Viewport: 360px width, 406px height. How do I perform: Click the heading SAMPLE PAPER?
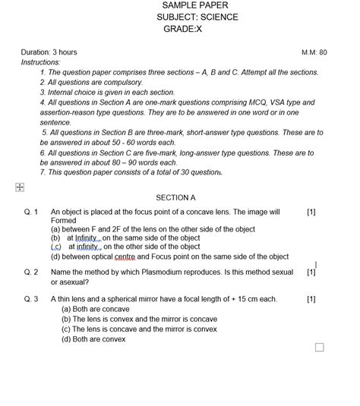(190, 5)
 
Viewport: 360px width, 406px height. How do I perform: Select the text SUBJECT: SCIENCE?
(197, 17)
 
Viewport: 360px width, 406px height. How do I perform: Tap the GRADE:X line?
(183, 28)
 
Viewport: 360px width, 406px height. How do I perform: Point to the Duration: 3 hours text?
(49, 52)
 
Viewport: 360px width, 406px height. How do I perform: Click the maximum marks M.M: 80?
(314, 52)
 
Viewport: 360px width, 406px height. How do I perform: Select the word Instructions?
(40, 62)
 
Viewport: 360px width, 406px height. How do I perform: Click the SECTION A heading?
(175, 197)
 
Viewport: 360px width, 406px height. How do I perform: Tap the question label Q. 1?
(31, 212)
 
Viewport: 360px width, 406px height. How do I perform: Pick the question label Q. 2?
(31, 272)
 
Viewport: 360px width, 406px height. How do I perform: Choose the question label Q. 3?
(31, 299)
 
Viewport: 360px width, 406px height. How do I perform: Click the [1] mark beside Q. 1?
(311, 212)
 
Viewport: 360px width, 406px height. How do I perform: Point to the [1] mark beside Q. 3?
(311, 299)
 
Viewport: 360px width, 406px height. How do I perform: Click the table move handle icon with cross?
(19, 187)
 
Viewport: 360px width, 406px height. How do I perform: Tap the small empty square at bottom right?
(319, 348)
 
